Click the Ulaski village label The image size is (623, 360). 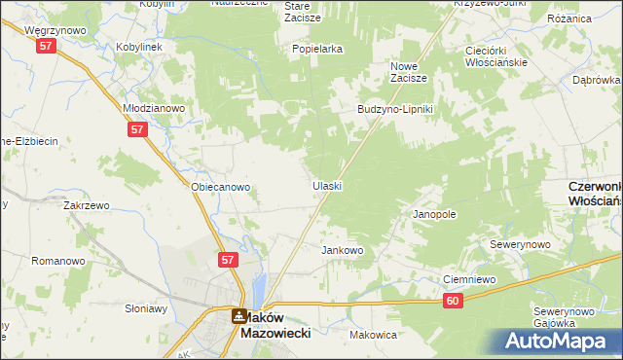[x=327, y=185]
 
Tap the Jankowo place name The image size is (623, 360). [x=342, y=250]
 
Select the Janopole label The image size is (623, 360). [x=434, y=214]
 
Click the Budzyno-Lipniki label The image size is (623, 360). [x=399, y=109]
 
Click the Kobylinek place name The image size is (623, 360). [x=139, y=46]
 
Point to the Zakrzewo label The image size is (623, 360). [x=86, y=206]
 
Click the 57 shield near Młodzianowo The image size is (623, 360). [x=136, y=129]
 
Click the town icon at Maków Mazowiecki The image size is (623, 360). [x=238, y=316]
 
